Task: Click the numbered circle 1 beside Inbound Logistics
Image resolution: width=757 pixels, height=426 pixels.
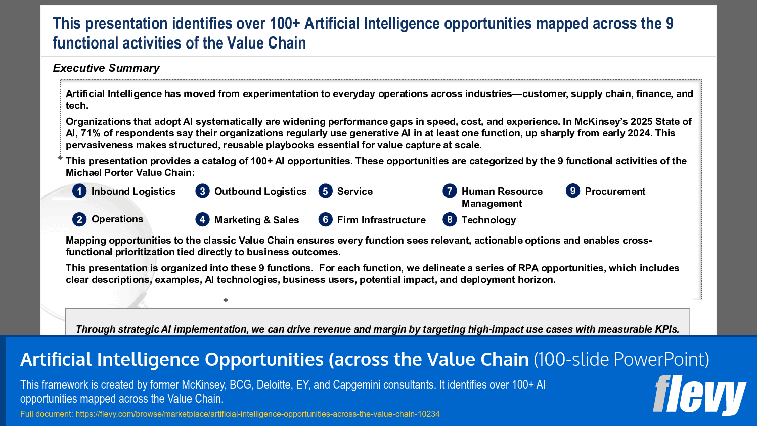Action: (79, 191)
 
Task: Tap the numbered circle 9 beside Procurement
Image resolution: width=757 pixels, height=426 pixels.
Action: (573, 191)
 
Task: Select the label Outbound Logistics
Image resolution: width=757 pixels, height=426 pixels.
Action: (260, 192)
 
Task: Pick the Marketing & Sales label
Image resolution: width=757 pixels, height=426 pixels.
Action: (256, 220)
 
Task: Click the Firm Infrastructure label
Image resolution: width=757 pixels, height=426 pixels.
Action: (381, 220)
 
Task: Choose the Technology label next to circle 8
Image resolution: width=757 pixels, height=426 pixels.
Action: (488, 220)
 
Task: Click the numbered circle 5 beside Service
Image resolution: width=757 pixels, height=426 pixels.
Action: (325, 191)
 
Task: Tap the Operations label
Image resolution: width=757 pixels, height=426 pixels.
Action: (117, 219)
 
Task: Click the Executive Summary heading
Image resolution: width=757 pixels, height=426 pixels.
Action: (106, 68)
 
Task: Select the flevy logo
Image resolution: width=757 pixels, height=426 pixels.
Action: (699, 395)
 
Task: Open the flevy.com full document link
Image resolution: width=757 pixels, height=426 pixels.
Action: (257, 414)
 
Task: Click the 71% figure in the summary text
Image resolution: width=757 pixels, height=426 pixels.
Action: (91, 133)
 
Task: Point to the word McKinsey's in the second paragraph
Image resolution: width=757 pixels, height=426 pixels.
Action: (600, 122)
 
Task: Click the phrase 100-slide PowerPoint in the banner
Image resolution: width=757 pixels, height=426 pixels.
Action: (621, 360)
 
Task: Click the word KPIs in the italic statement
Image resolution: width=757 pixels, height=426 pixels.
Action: (666, 329)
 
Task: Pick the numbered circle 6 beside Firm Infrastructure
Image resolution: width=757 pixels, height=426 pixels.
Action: (325, 220)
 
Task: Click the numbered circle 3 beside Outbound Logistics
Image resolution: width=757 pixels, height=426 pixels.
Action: (202, 191)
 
